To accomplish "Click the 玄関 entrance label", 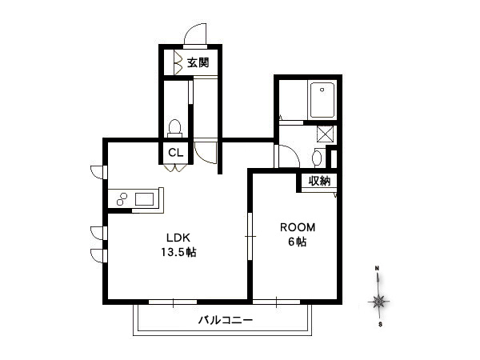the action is (198, 62).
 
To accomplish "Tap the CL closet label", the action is (176, 152).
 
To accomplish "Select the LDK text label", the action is (178, 238).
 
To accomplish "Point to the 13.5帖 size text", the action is (178, 252).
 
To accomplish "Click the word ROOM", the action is (298, 227).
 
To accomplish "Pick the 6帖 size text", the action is (298, 242).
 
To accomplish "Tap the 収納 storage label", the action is (319, 181).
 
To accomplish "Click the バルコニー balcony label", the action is (226, 320).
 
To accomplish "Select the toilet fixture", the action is (174, 128).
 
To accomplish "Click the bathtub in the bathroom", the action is (322, 100).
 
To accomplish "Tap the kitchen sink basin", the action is (144, 199).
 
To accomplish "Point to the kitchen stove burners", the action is (122, 199).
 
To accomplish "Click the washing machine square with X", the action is (325, 134).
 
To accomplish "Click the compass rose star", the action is (379, 302).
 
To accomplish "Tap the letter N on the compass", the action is (378, 269).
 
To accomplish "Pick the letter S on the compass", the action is (380, 325).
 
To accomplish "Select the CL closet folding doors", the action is (175, 168).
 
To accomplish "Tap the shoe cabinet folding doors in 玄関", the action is (178, 62).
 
